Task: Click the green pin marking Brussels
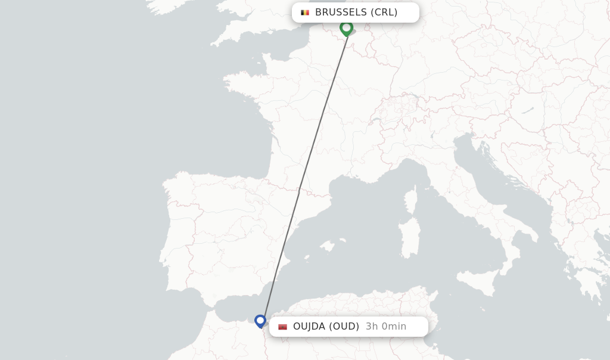point(346,27)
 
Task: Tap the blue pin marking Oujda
point(260,321)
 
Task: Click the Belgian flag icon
point(305,13)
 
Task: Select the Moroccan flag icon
point(282,327)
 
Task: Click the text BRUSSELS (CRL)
point(356,13)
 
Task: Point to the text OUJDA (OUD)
point(326,327)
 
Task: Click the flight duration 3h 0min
point(386,327)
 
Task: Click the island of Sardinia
point(409,238)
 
